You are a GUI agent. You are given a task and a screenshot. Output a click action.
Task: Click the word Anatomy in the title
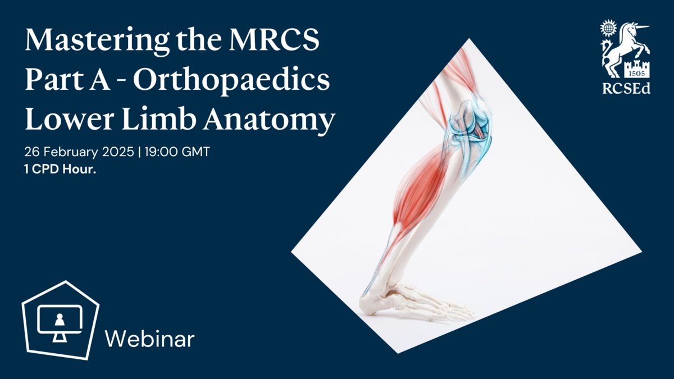(x=269, y=121)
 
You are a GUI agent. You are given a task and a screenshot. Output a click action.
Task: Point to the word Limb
(x=159, y=119)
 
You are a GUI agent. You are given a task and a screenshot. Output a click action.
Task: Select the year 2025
(x=118, y=152)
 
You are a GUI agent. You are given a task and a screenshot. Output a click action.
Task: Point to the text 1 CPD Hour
(x=60, y=170)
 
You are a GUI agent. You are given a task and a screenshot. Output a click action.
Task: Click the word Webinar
(x=149, y=339)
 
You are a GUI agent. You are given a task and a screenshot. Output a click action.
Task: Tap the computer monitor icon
(x=60, y=323)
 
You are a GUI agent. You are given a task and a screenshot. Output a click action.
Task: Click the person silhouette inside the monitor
(x=60, y=319)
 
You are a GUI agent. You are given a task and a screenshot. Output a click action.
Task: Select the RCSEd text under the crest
(x=626, y=89)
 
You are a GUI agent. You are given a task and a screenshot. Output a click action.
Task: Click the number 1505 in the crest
(x=637, y=74)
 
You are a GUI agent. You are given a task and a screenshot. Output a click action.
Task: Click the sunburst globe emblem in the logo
(x=608, y=29)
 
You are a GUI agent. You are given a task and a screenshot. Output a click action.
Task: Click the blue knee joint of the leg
(x=470, y=126)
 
